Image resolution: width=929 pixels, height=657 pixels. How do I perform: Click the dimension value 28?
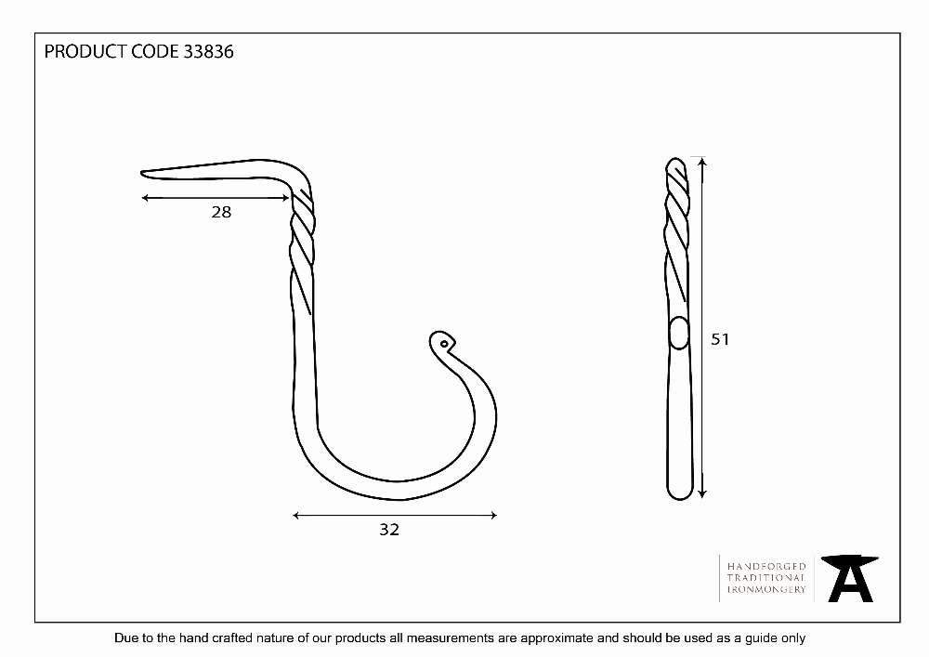[221, 212]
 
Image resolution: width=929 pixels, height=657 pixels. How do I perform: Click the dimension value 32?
[389, 530]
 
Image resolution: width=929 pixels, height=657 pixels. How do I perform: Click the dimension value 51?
[720, 339]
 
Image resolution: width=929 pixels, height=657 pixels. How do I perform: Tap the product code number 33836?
[208, 51]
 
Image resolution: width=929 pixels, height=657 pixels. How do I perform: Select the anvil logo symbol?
[850, 579]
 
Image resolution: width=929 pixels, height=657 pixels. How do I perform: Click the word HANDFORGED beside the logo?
[766, 566]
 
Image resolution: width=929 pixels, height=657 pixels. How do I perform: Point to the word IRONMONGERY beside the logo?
[766, 589]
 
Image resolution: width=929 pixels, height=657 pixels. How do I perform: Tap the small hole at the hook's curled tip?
[444, 344]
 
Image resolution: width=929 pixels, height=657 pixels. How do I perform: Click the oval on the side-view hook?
[679, 333]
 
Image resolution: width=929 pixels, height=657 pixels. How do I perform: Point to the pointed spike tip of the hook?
[141, 173]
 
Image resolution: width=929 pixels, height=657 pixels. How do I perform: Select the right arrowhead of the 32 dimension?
[494, 516]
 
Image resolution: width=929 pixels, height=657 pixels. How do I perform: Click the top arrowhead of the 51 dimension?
[702, 161]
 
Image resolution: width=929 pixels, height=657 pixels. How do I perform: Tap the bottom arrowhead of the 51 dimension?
[702, 494]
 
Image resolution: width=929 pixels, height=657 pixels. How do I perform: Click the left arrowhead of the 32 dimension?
[295, 516]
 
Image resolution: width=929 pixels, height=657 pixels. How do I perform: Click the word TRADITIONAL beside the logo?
[766, 578]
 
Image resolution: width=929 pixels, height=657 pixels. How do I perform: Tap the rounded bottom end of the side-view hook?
[680, 496]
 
